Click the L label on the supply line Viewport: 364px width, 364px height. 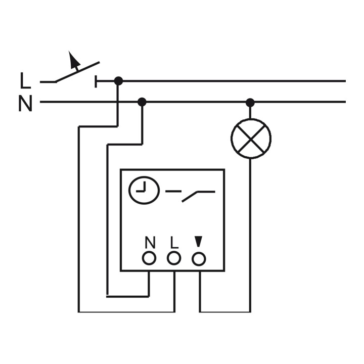click(x=25, y=80)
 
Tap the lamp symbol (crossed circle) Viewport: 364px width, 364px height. click(x=251, y=139)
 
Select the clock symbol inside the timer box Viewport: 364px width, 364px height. click(x=144, y=190)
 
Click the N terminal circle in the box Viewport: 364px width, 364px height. click(x=149, y=258)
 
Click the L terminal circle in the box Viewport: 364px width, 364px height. click(x=174, y=258)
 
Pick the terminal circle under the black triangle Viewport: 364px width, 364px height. click(x=199, y=259)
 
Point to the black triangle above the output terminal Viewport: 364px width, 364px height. click(x=198, y=242)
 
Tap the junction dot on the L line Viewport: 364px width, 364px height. click(x=118, y=81)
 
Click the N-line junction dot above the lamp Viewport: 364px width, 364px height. click(x=250, y=102)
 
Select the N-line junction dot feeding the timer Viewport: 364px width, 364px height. click(x=142, y=102)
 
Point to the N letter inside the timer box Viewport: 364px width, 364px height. click(x=150, y=242)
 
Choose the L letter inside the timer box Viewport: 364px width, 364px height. click(x=174, y=242)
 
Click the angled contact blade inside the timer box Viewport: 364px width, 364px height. click(x=190, y=197)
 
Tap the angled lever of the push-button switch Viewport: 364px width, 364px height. click(x=77, y=72)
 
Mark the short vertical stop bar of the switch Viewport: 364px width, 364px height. click(x=96, y=81)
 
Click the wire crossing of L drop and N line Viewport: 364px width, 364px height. click(x=118, y=102)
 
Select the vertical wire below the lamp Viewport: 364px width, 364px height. click(x=250, y=235)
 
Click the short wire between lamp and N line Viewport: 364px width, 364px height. click(x=250, y=113)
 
